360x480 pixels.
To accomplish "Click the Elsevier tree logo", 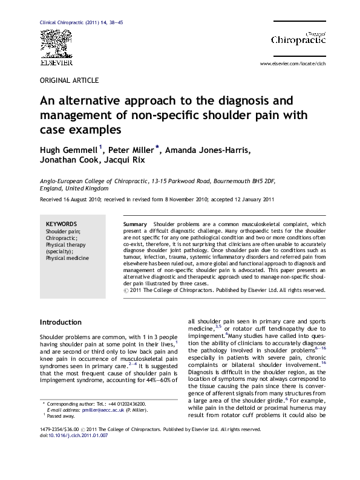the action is click(56, 44).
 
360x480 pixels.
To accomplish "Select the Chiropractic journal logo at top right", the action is click(298, 37).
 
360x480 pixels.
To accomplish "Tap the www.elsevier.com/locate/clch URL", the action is click(292, 63).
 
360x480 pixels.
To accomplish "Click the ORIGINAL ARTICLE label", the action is click(68, 80).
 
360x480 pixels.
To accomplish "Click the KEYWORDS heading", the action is click(61, 224).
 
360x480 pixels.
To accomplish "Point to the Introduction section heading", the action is click(61, 322).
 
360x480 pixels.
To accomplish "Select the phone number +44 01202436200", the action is click(126, 436).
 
